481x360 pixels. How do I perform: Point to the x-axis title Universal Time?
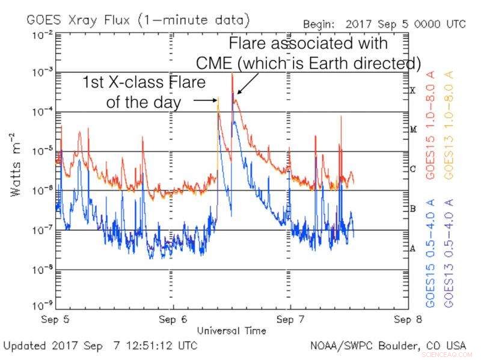pos(231,331)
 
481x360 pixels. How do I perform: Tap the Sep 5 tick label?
pos(55,320)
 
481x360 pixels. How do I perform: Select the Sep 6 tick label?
pos(173,320)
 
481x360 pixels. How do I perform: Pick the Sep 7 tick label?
pos(290,320)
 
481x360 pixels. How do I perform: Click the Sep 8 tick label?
pos(408,320)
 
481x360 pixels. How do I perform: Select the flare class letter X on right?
pos(412,91)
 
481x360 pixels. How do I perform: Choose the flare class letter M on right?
pos(412,130)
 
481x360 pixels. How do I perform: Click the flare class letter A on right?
pos(412,248)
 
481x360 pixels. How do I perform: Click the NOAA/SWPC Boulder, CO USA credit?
pos(388,346)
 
